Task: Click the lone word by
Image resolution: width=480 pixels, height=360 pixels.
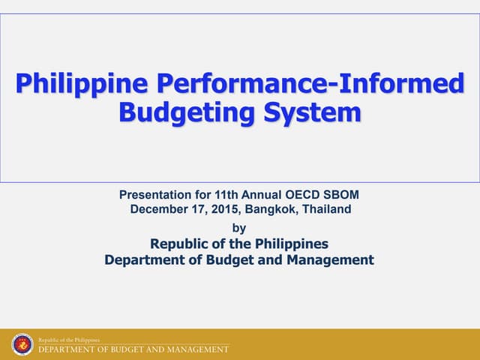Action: pyautogui.click(x=239, y=227)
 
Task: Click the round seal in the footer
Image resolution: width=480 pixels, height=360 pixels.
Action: pyautogui.click(x=22, y=344)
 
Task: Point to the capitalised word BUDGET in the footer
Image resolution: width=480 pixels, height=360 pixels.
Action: pyautogui.click(x=120, y=349)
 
